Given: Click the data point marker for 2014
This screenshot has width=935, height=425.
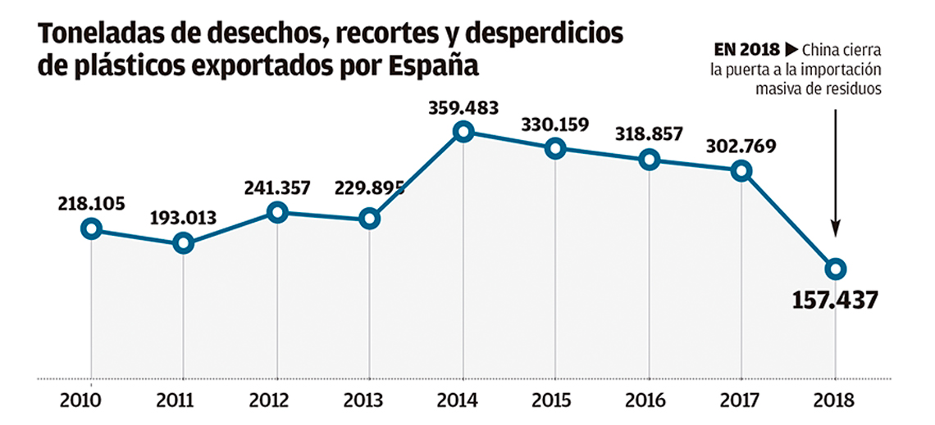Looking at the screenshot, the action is [x=463, y=132].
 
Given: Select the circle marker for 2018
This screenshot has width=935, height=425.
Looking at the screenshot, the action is [x=836, y=269].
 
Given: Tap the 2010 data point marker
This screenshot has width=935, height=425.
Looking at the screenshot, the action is [x=91, y=228].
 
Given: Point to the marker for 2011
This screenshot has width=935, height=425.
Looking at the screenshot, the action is [x=184, y=243].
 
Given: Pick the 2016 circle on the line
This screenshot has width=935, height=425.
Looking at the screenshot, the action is [x=649, y=160].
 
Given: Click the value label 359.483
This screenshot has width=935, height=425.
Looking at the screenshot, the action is [x=463, y=109].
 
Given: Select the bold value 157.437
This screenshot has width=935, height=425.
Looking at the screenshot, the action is [x=835, y=301].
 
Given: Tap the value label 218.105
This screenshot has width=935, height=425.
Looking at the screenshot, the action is [x=91, y=204].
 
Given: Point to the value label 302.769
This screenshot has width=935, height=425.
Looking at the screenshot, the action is [x=741, y=146].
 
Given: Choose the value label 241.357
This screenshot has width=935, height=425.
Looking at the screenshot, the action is [x=277, y=188].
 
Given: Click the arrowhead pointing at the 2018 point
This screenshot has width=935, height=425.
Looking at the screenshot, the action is [x=836, y=228].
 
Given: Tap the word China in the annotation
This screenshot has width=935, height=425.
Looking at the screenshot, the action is [x=819, y=49].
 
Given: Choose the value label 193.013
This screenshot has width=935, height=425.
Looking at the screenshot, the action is [x=184, y=219].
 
